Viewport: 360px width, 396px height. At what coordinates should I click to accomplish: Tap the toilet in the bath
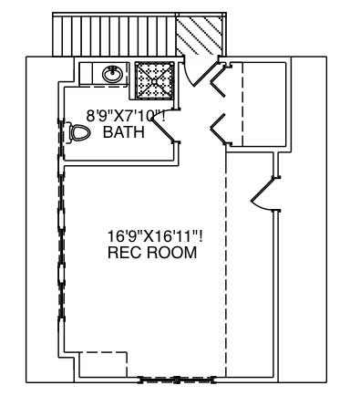(x=80, y=133)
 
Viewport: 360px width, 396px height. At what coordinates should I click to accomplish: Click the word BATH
(x=122, y=133)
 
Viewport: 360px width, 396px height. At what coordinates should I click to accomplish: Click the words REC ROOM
(x=151, y=253)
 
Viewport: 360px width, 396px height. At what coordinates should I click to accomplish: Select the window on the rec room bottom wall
(x=180, y=377)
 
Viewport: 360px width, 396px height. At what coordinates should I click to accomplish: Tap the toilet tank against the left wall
(x=69, y=133)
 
